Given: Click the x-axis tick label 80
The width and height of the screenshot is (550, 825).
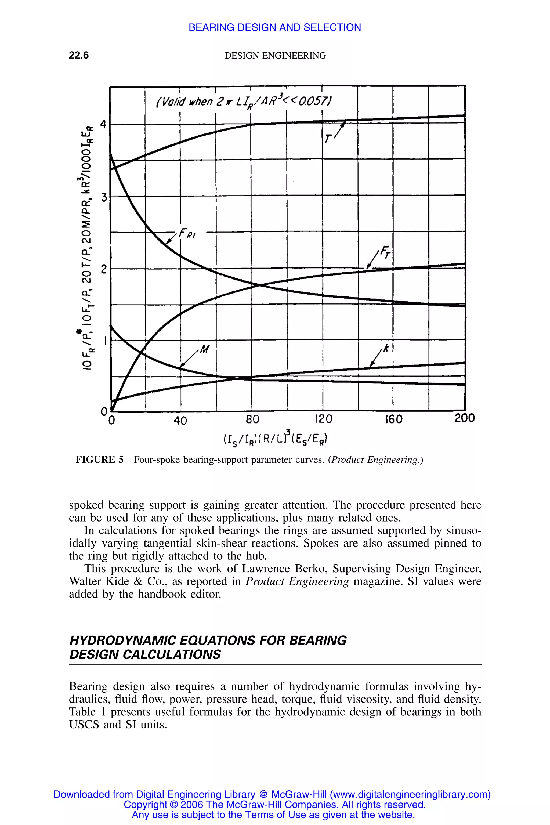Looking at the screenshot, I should [x=252, y=419].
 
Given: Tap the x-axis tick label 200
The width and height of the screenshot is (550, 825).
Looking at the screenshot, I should [x=464, y=418].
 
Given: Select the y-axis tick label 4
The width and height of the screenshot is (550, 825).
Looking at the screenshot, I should [x=103, y=124].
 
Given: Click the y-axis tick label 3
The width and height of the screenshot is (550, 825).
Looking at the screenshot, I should [x=104, y=197].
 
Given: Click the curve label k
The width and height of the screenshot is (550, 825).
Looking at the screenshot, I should [x=386, y=349].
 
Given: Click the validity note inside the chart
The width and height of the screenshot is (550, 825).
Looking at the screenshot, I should [x=244, y=102].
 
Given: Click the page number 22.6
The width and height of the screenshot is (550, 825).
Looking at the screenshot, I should [x=79, y=55].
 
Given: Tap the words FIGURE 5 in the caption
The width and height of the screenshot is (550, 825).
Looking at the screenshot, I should [x=100, y=459].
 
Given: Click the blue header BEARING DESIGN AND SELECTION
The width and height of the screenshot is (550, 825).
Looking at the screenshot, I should [x=275, y=27].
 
